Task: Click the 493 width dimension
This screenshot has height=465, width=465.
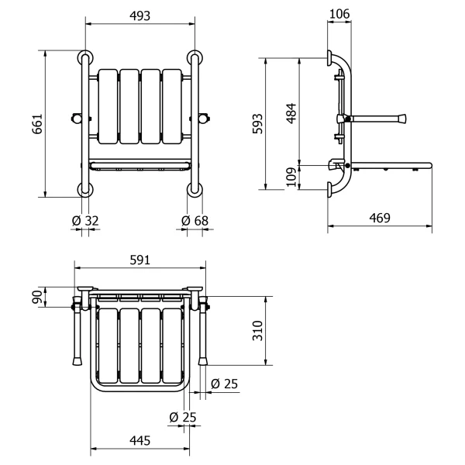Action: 140,16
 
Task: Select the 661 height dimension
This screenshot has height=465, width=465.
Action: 38,124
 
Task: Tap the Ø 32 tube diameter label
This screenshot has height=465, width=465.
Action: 85,221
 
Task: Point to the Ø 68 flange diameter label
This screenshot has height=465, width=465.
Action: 195,221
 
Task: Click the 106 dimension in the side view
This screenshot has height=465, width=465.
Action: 339,14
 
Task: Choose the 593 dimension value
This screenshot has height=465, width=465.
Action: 258,124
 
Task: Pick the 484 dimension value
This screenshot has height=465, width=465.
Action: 292,113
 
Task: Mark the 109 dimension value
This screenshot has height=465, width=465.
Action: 292,177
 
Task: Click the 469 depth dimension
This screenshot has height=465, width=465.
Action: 380,218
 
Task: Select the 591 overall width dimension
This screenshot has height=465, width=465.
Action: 140,260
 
